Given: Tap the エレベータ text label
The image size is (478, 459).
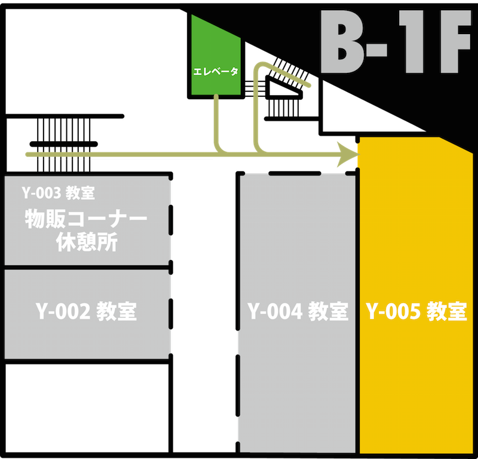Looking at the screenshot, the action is [216, 72].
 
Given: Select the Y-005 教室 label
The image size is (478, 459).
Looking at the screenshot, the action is [416, 311].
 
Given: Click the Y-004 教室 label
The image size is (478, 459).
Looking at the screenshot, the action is [298, 311].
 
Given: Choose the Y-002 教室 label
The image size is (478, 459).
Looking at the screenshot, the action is [86, 311].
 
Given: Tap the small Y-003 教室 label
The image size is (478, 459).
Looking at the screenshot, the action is [58, 193].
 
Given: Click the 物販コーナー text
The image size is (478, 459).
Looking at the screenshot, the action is [86, 219].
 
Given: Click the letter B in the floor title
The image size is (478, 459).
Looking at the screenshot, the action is [341, 42].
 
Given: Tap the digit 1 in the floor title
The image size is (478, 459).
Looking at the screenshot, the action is [412, 42].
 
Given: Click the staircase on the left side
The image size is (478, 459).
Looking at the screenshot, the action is [64, 145].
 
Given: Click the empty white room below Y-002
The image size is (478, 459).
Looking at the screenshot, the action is [87, 408].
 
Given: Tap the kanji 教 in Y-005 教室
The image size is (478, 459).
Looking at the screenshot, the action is [436, 311].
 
